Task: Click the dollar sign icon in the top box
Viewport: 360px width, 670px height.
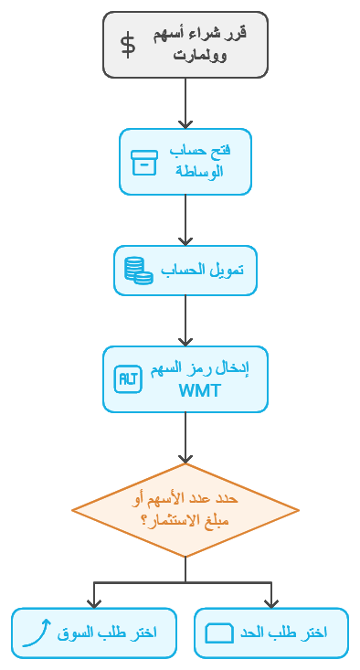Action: click(x=129, y=45)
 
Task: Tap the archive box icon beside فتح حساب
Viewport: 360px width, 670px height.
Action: click(x=144, y=162)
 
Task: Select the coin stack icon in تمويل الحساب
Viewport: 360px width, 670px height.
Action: click(x=138, y=271)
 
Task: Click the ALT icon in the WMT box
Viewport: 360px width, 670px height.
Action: click(x=127, y=379)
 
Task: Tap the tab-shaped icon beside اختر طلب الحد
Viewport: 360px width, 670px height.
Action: click(x=219, y=633)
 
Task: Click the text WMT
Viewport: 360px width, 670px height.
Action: click(x=199, y=391)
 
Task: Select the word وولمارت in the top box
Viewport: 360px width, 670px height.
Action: click(x=199, y=55)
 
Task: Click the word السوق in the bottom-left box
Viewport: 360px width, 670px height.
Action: click(x=77, y=633)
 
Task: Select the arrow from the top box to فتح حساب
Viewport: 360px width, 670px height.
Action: click(x=185, y=102)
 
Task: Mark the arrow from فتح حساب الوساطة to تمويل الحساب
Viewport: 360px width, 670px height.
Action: click(x=185, y=219)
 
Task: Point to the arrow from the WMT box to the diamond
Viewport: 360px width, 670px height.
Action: click(x=185, y=437)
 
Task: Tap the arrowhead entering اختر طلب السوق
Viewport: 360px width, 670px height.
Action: click(x=93, y=602)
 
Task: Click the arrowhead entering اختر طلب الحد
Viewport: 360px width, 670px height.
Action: click(x=271, y=602)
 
